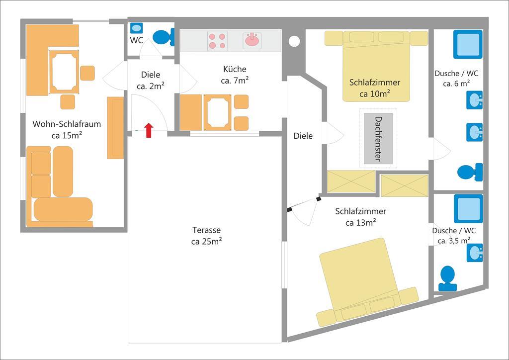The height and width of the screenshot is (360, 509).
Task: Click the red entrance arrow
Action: [x=149, y=130]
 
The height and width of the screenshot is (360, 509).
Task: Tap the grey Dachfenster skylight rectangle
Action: [x=378, y=139]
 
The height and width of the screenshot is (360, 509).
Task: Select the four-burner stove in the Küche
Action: [x=217, y=41]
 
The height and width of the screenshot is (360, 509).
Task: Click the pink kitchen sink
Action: [x=252, y=41]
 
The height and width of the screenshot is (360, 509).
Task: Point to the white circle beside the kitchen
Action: [x=294, y=41]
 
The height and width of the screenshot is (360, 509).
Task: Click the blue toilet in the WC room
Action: [x=163, y=37]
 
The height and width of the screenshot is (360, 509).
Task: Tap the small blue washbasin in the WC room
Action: [x=137, y=28]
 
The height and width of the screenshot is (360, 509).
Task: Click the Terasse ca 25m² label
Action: [x=206, y=236]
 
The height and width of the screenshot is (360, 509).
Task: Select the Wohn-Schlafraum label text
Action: [x=67, y=124]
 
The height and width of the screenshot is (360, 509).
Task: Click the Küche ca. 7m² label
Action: [x=235, y=75]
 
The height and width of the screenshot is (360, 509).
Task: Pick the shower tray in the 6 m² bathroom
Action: [x=468, y=44]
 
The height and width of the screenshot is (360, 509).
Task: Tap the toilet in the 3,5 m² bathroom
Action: [x=448, y=278]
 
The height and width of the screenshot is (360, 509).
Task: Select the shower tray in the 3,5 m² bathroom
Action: [x=468, y=208]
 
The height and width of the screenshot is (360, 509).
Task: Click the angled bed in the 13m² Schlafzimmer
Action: [x=367, y=282]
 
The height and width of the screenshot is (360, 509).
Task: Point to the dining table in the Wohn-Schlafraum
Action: [x=64, y=72]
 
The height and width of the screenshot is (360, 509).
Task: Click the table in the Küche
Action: [x=217, y=112]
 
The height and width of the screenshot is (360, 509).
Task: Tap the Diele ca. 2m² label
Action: [x=151, y=80]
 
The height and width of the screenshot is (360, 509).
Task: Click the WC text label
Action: [x=136, y=41]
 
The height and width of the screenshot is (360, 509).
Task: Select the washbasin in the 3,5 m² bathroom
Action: [x=475, y=253]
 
